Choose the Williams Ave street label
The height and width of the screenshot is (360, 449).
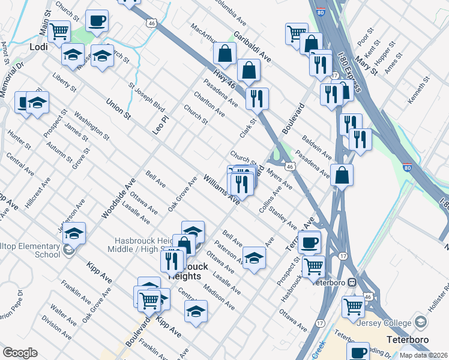221,189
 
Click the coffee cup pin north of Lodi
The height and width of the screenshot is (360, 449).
97,22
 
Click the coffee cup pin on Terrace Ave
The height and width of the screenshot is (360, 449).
310,242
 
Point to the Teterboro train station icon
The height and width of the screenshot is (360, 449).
354,282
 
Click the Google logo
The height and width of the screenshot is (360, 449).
20,353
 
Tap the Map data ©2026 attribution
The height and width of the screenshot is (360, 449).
423,355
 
